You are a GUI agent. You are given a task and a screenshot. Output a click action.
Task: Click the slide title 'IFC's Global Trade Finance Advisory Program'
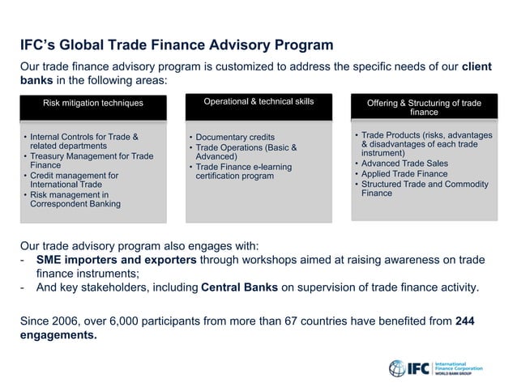[x=177, y=45]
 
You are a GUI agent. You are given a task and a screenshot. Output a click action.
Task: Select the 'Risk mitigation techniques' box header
[x=93, y=103]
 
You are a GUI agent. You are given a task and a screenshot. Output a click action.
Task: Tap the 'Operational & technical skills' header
[x=258, y=101]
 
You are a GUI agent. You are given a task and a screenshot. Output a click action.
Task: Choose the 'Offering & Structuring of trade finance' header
[x=424, y=108]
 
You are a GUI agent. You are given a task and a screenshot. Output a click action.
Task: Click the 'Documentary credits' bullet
[x=235, y=137]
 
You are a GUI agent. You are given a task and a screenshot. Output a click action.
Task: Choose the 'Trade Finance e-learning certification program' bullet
[x=241, y=172]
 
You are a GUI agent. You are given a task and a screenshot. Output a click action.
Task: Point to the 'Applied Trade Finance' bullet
[x=404, y=173]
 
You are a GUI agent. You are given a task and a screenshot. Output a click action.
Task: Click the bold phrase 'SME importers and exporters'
[x=116, y=260]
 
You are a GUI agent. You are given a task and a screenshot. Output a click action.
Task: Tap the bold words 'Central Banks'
[x=239, y=287]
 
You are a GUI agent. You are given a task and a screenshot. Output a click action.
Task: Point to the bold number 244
[x=465, y=321]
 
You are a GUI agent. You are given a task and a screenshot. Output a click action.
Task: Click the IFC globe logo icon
[x=397, y=368]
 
